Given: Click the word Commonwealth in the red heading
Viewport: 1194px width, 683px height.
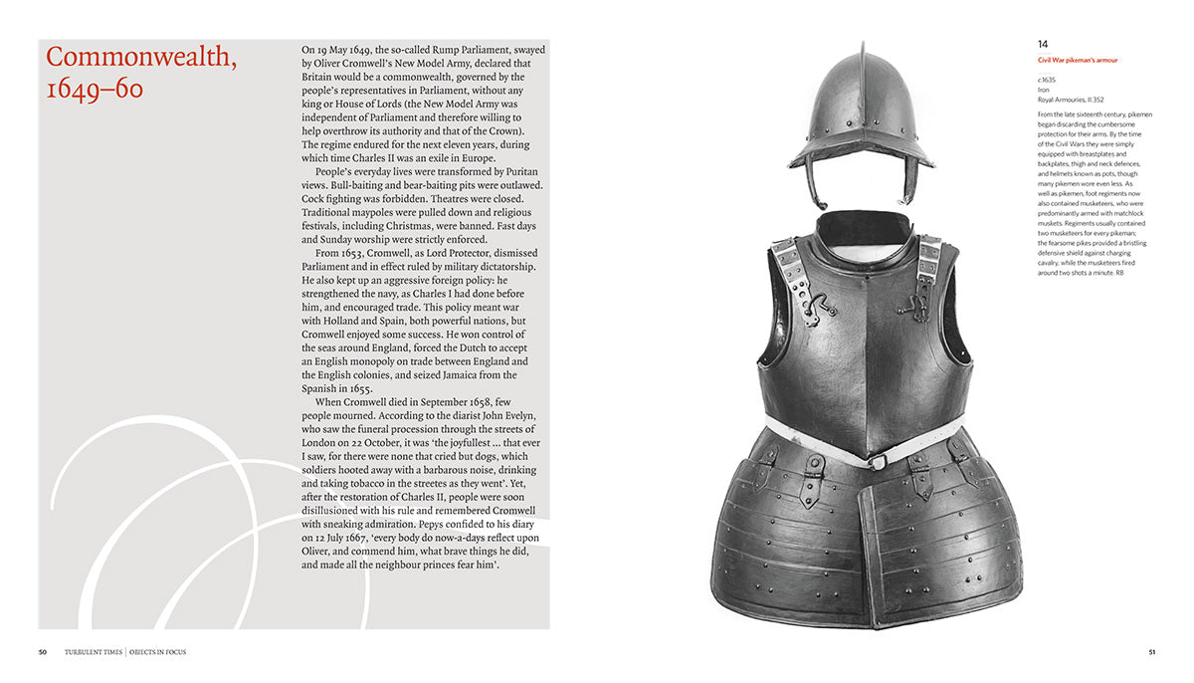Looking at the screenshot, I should click(x=141, y=58).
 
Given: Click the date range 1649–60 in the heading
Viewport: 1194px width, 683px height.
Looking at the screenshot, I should click(x=95, y=89).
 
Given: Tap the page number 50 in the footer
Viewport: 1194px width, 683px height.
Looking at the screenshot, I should click(x=43, y=652).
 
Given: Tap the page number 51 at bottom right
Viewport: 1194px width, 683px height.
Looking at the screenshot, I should click(x=1151, y=652).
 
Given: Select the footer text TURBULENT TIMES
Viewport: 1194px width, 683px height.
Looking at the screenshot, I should click(x=94, y=652).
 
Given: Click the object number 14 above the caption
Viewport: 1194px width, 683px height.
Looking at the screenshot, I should click(x=1042, y=44).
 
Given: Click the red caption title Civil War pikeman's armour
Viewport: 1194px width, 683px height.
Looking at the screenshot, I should click(x=1077, y=61).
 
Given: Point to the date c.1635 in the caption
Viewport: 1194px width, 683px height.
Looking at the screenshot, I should click(x=1047, y=80).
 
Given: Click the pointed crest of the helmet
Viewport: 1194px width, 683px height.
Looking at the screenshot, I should click(x=858, y=55).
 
